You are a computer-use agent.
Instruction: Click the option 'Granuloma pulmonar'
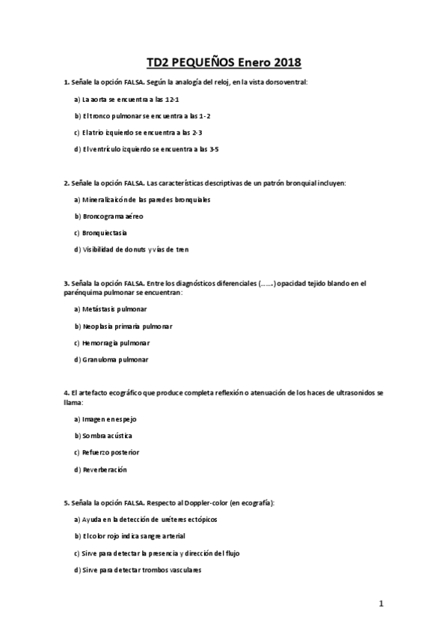coord(113,359)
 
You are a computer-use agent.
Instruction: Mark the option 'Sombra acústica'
coord(108,436)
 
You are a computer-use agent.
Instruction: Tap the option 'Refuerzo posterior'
coord(109,452)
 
